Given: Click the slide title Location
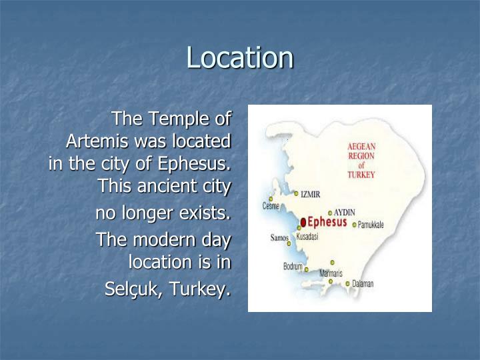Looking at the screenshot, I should coord(239,57).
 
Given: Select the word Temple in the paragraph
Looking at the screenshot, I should coord(177,119).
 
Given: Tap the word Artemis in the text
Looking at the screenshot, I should coord(97,141).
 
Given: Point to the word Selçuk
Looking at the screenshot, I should coord(131,290).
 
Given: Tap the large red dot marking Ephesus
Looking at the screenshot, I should coord(303,222).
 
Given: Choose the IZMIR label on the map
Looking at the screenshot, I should coord(311,195).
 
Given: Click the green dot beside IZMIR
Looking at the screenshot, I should coord(297,193).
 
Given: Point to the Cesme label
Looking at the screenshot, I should coord(271,207).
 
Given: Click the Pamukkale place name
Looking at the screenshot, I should coord(371,225).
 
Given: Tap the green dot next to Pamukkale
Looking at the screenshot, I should coord(354,225).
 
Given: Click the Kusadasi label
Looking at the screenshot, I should coord(307,237).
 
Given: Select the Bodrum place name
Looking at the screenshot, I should coord(293,267).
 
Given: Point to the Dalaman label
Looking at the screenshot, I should coord(363,284).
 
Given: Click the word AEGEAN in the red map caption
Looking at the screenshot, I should coord(361,147).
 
